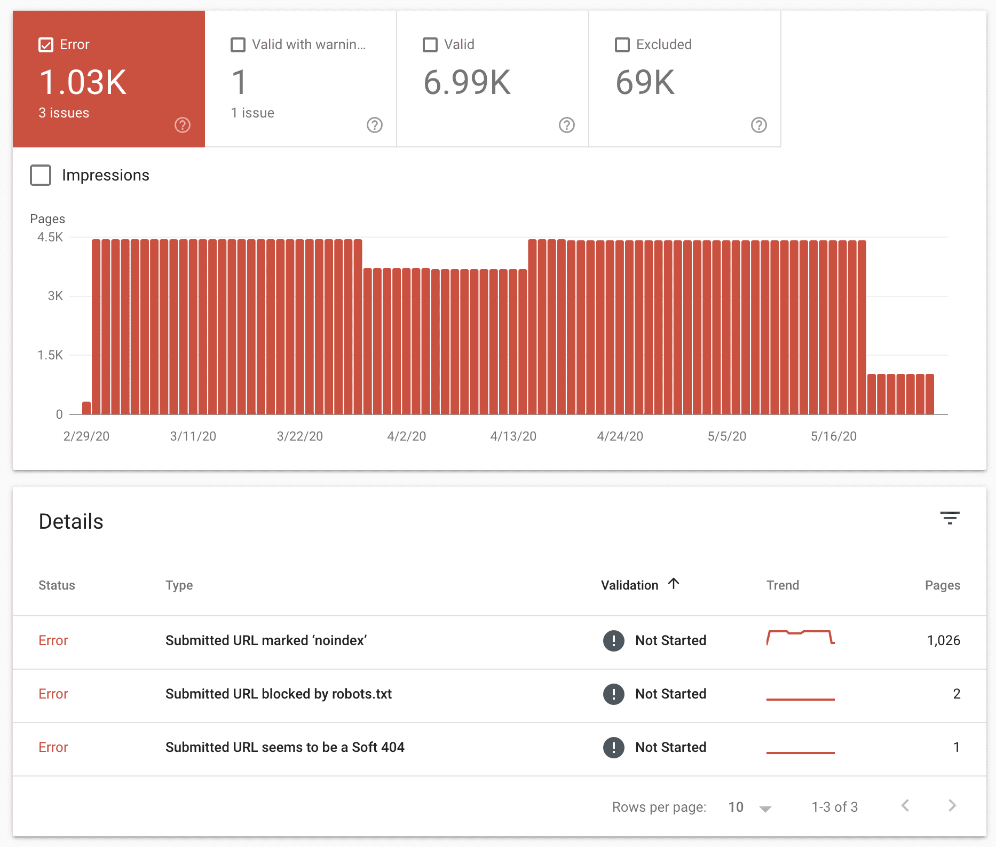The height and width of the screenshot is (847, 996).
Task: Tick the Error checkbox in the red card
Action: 46,45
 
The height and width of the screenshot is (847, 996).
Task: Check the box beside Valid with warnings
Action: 238,45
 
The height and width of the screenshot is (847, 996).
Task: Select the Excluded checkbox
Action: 622,45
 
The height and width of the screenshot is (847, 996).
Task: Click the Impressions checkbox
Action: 41,175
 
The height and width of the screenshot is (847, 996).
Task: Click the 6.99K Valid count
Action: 467,83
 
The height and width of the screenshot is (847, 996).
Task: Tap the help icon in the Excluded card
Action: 758,125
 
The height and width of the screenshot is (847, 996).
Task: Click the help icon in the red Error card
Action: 183,125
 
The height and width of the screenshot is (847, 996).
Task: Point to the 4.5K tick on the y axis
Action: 50,237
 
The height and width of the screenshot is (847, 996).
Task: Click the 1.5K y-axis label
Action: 50,355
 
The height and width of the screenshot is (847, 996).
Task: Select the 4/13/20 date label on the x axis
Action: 513,436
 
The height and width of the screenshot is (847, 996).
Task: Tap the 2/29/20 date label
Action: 86,436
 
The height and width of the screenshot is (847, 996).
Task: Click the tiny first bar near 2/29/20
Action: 86,408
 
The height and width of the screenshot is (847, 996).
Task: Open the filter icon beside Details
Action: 950,518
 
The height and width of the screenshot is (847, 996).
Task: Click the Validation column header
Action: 630,585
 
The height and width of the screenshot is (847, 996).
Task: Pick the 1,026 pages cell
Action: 943,640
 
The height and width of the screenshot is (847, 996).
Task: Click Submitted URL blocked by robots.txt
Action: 278,694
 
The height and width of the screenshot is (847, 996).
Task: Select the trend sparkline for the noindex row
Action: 800,637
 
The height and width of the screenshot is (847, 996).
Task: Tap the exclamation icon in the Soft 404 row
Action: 613,747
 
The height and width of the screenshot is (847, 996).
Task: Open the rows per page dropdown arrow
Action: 765,809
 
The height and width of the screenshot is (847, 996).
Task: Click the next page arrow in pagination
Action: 952,806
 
